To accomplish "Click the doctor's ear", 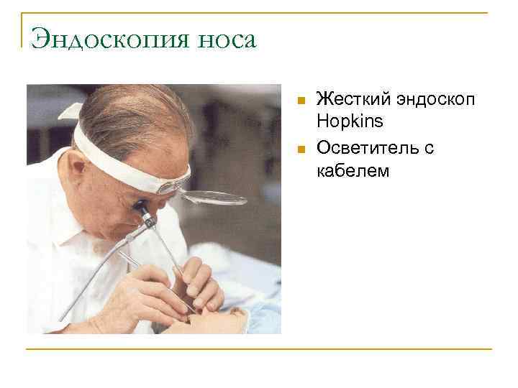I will pos(81,171).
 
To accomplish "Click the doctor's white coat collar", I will pos(65,216).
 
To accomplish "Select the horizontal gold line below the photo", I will pos(259,350).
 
